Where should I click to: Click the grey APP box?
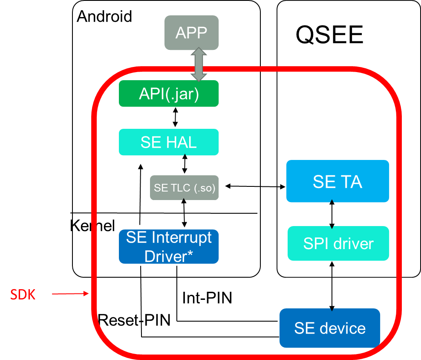[x=191, y=32]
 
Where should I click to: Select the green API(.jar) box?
[x=169, y=93]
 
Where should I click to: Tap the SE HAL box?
[x=169, y=142]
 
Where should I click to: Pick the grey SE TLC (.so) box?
[x=184, y=188]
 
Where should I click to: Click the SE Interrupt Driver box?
[x=169, y=247]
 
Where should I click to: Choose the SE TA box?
[x=337, y=181]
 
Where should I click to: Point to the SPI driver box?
[x=338, y=244]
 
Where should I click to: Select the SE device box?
[x=330, y=328]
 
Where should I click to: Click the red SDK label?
[x=23, y=294]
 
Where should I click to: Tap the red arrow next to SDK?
[x=70, y=294]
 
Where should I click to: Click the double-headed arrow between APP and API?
[x=199, y=64]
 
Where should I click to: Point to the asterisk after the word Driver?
[x=190, y=255]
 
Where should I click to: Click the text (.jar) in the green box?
[x=182, y=94]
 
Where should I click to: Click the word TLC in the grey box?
[x=180, y=188]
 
